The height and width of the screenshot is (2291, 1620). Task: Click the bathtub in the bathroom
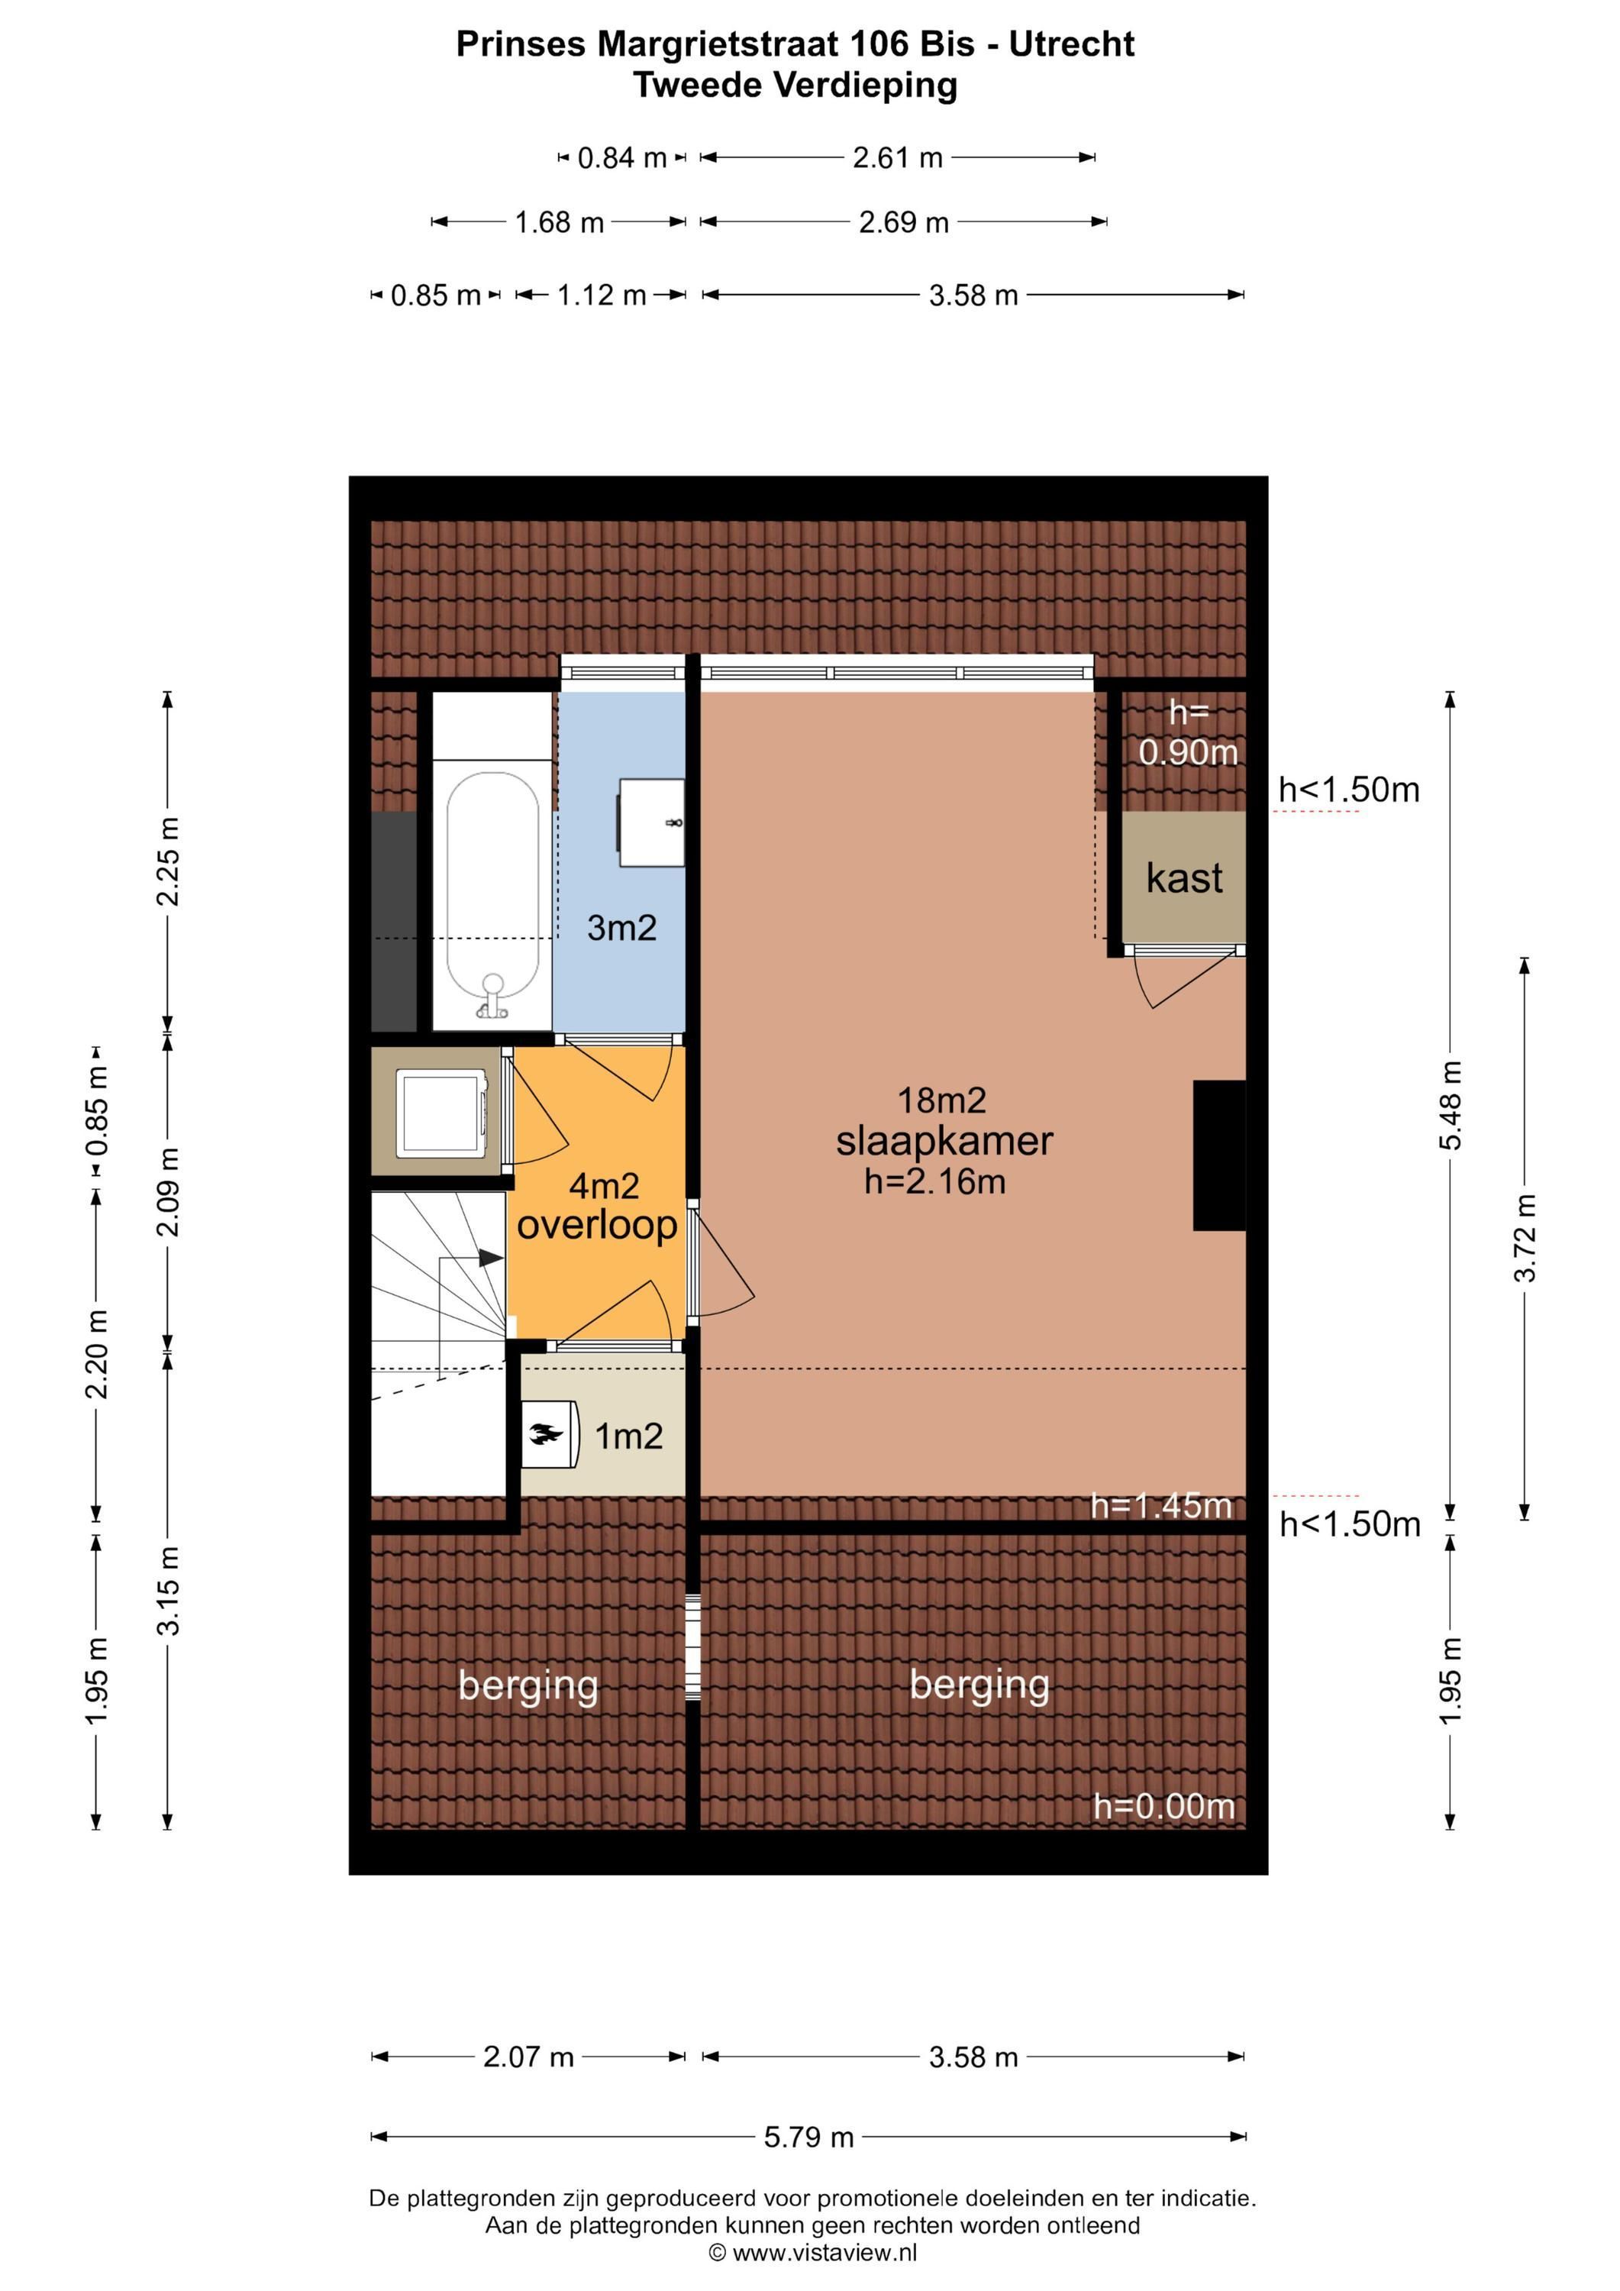492,895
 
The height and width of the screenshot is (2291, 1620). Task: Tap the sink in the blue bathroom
651,823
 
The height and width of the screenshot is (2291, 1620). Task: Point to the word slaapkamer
944,1142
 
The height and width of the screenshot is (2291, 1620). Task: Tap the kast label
1184,878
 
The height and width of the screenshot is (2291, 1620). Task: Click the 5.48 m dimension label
1451,1104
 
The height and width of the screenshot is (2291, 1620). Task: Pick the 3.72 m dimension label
1525,1237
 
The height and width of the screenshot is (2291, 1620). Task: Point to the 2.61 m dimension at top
898,157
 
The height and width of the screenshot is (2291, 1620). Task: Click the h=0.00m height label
1164,1806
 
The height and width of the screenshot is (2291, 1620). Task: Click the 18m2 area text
941,1100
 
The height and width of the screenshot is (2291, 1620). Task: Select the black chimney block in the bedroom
1220,1155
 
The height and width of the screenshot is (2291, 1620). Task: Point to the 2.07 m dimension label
529,2057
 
